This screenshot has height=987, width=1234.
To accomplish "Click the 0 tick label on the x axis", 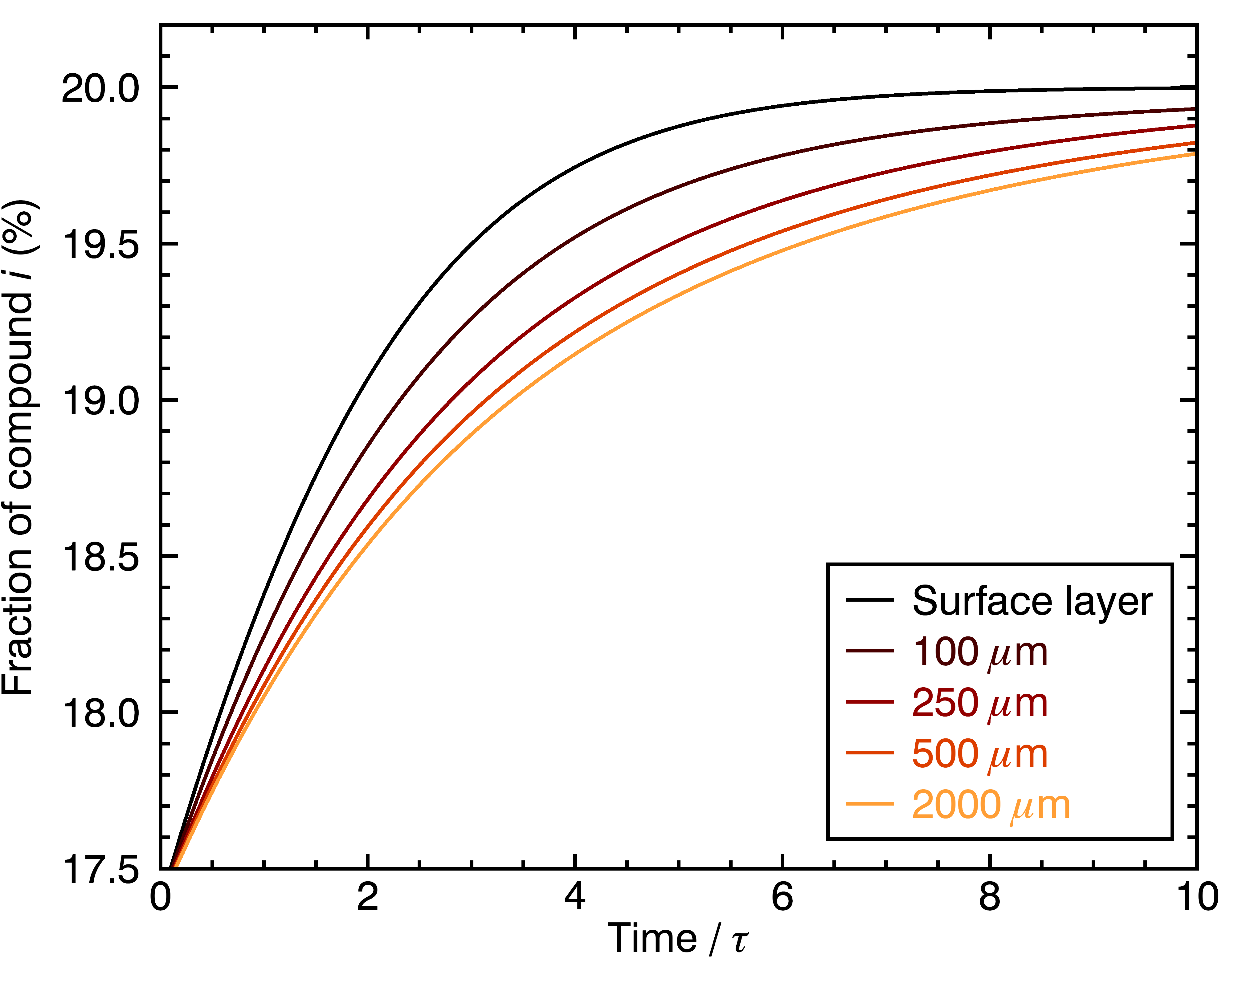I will [161, 897].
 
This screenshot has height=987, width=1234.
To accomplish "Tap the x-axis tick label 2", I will [367, 897].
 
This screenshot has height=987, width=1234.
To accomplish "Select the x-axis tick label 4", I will [575, 897].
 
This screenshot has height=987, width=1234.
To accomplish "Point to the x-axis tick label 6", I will [782, 897].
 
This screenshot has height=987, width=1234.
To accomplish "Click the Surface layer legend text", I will [1032, 602].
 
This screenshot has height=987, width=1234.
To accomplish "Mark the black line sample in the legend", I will [870, 600].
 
